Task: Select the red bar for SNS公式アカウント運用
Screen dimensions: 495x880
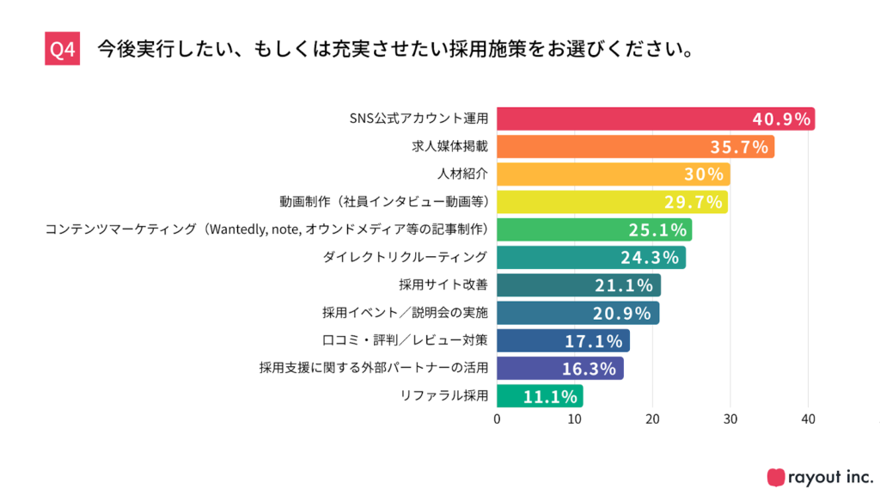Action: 619,119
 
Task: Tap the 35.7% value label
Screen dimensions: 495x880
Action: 738,147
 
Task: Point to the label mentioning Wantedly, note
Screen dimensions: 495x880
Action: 266,229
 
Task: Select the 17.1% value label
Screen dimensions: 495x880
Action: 593,341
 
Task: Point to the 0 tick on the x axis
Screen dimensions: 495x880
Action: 497,419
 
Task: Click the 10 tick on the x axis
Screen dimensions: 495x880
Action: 575,419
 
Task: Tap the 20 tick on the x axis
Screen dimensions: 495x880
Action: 652,419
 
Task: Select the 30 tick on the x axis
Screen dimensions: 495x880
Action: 730,419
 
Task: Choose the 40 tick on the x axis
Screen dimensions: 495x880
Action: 808,419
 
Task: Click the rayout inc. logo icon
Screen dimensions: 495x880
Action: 775,476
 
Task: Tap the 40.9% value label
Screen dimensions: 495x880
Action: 781,119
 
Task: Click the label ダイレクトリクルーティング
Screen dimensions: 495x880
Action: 405,257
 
